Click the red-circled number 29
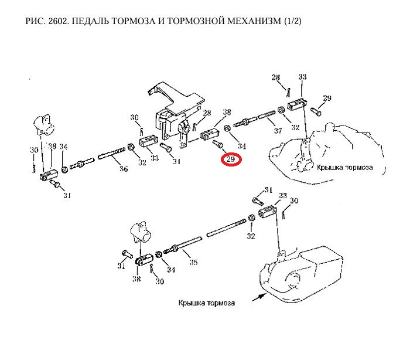point(231,159)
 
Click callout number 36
point(123,169)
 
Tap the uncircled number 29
point(327,97)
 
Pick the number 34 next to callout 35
point(170,270)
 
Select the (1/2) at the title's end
point(292,22)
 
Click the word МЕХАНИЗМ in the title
point(253,22)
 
